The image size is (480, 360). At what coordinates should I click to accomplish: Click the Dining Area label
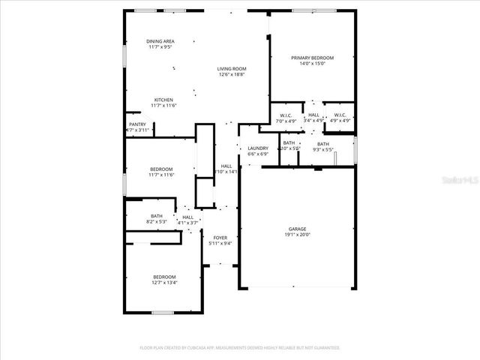click(x=160, y=41)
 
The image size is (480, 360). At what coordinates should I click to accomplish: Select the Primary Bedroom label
click(x=312, y=58)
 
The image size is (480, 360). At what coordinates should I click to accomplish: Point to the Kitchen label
click(x=163, y=100)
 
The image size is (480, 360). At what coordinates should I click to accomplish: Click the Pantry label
click(x=137, y=124)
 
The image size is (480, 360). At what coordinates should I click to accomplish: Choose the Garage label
click(x=297, y=229)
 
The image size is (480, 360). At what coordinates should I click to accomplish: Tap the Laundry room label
click(x=258, y=148)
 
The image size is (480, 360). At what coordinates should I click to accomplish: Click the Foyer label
click(x=220, y=238)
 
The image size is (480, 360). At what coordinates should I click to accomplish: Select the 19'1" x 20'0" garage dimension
click(x=297, y=235)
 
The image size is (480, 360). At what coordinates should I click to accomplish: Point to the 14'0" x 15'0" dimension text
click(x=312, y=64)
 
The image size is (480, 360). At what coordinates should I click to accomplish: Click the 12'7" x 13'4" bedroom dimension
click(x=164, y=283)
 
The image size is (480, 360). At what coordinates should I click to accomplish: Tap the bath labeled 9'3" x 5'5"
click(x=323, y=144)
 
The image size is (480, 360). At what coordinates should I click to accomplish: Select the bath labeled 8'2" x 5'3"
click(x=156, y=217)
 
